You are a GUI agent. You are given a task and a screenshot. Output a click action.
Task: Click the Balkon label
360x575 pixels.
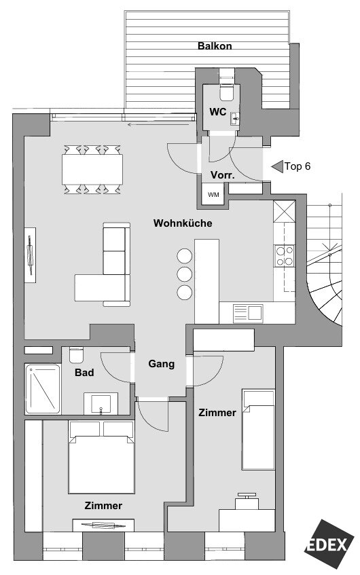[x=215, y=46]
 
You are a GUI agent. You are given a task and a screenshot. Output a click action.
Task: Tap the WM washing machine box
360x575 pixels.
[x=213, y=194]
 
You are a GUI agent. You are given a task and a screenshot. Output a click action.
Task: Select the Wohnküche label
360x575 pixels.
[x=183, y=223]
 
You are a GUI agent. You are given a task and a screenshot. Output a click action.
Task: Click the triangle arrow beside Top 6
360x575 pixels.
[x=277, y=166]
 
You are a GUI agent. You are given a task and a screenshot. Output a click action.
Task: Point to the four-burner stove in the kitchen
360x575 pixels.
[x=285, y=256]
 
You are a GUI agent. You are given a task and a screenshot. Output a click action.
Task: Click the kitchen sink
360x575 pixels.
[x=248, y=314]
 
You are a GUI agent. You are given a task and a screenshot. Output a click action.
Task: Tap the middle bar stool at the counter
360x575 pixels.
[x=184, y=274]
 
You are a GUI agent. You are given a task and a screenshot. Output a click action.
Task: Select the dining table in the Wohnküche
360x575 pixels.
[x=92, y=170]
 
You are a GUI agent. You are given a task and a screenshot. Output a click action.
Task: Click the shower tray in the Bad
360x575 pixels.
[x=43, y=389]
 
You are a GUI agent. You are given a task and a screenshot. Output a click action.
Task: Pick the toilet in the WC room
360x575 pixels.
[x=226, y=92]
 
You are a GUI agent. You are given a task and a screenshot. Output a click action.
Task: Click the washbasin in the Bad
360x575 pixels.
[x=101, y=403]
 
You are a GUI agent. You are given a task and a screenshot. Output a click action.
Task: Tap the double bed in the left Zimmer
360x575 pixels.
[x=101, y=458]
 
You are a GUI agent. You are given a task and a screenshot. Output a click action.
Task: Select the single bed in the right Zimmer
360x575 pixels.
[x=258, y=430]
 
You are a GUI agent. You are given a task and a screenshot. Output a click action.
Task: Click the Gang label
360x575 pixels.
[x=162, y=364]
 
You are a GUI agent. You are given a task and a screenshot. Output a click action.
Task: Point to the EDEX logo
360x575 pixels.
[x=329, y=544]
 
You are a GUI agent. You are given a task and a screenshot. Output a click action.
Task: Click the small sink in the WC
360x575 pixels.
[x=234, y=118]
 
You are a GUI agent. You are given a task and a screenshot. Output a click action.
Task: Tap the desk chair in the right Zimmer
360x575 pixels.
[x=247, y=500]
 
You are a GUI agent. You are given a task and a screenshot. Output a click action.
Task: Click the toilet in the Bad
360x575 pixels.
[x=76, y=354]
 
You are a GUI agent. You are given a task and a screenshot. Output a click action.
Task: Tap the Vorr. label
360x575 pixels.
[x=223, y=175]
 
